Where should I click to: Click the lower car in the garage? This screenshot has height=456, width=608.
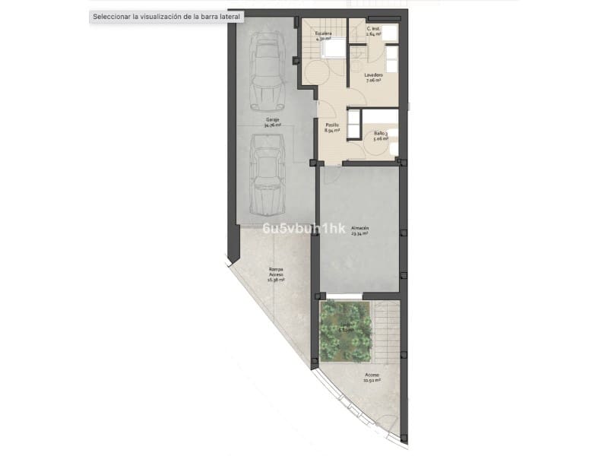pos(267,173)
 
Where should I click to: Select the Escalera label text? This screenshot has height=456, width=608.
pos(325,34)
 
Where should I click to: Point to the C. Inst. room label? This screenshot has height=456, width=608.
pos(373,29)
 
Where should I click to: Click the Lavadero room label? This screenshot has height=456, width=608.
pos(372,74)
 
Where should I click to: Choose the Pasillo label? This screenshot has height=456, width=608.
pos(332,125)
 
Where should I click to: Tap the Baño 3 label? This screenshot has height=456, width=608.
pos(381,134)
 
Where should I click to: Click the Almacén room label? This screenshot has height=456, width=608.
pos(359,228)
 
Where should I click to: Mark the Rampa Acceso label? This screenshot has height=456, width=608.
pos(277,271)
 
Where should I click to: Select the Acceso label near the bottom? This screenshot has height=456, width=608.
pos(372,375)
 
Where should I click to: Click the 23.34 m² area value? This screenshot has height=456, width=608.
pos(359,234)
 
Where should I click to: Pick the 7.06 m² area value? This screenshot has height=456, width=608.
pos(372,81)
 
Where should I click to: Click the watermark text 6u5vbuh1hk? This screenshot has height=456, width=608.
pos(304,228)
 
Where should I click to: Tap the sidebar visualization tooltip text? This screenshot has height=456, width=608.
pos(166,15)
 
